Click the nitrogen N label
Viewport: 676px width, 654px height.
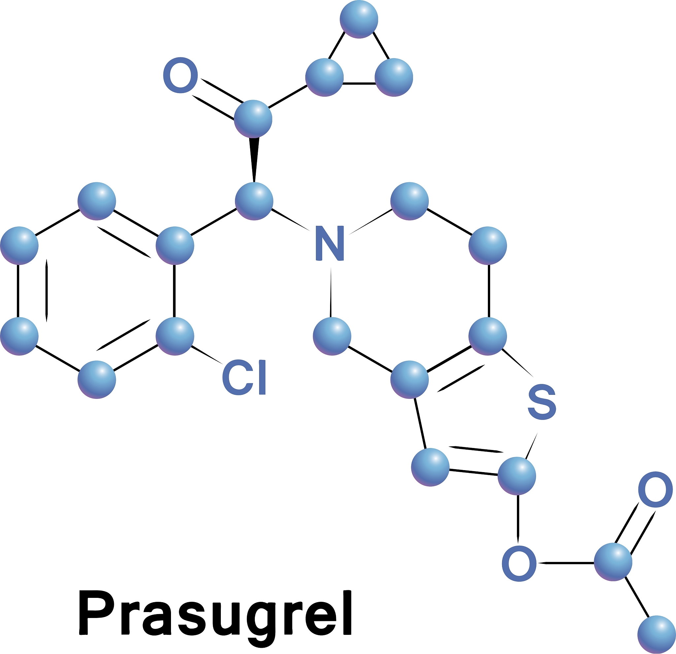point(330,243)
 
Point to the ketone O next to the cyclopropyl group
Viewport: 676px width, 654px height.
point(180,75)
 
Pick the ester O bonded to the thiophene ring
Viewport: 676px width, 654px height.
point(519,564)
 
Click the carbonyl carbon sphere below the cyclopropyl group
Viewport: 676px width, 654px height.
point(253,119)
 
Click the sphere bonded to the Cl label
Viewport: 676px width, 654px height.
point(175,336)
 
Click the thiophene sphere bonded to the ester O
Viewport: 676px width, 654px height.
point(517,476)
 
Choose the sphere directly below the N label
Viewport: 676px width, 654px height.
point(332,336)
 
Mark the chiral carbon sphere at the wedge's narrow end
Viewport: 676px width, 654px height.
point(254,201)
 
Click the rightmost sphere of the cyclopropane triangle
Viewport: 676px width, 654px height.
point(394,77)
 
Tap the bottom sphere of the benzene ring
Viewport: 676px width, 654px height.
point(97,380)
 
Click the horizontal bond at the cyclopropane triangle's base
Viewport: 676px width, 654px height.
point(359,83)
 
